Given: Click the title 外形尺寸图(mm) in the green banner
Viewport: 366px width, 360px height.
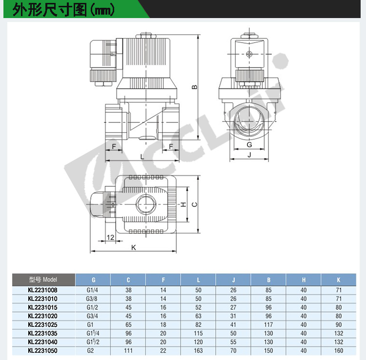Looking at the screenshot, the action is pos(63,10).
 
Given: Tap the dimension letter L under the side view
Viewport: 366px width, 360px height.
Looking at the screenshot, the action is pos(142,157).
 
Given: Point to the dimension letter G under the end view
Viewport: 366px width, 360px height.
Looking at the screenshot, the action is pos(249,145).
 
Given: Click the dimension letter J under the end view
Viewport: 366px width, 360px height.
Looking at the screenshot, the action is pos(249,155).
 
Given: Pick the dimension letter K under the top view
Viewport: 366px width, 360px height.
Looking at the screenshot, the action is pos(134,247).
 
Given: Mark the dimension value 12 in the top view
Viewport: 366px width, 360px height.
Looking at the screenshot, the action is pos(110,237).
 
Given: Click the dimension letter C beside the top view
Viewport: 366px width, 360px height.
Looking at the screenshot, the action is pos(194,204).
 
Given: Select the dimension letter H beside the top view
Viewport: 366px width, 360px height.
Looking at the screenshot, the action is pos(183,204).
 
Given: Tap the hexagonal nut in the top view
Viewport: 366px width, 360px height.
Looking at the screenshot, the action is pos(145,204).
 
